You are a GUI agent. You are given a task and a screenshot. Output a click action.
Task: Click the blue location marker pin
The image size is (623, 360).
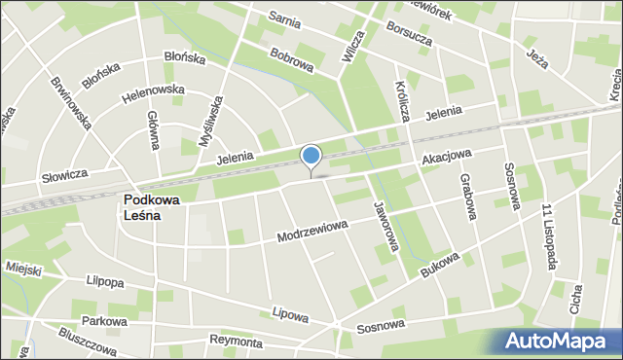(311, 157)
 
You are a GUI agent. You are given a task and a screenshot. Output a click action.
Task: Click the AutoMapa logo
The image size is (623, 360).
(560, 341)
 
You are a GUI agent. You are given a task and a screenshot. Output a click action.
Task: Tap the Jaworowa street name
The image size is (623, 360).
(385, 226)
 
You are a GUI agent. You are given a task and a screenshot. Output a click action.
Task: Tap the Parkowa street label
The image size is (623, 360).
(105, 320)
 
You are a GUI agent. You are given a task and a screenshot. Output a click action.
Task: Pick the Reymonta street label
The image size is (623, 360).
(236, 342)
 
